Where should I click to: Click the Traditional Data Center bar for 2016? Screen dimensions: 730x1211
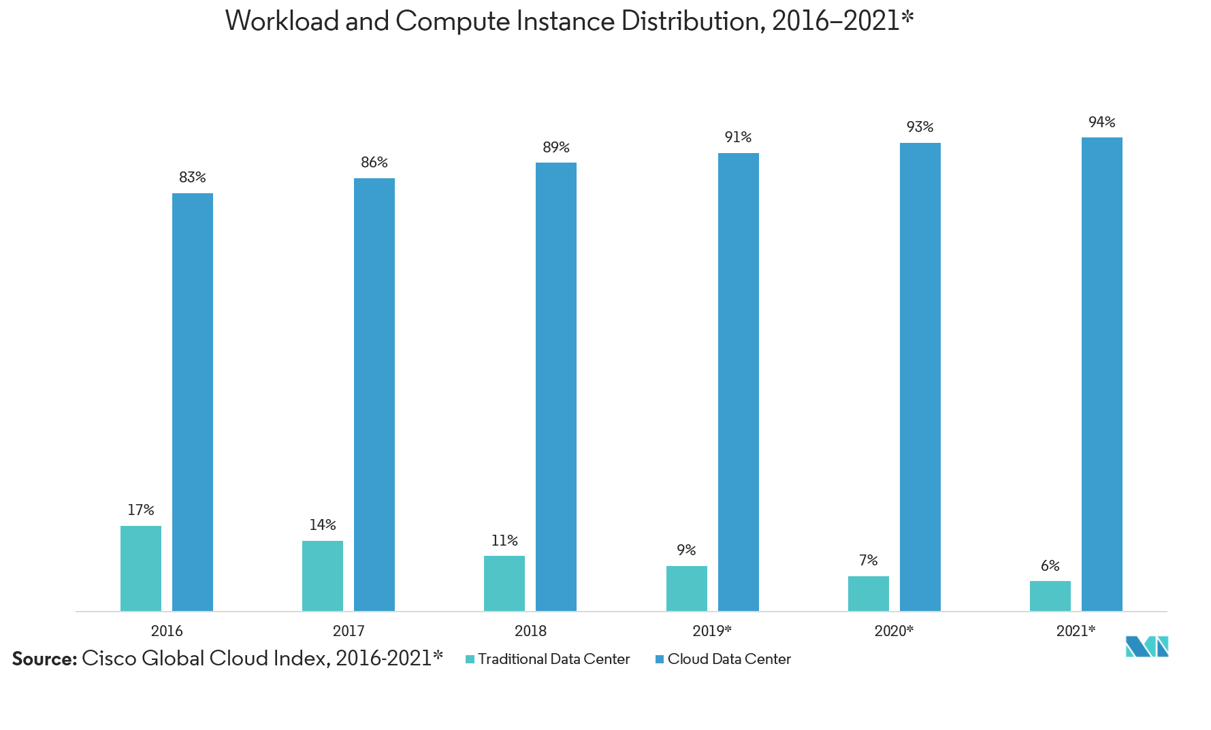(x=141, y=568)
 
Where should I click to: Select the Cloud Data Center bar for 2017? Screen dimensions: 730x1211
(x=374, y=395)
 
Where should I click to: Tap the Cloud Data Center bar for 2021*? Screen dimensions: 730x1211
(x=1101, y=374)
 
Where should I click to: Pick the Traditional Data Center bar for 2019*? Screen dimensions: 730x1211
(x=686, y=588)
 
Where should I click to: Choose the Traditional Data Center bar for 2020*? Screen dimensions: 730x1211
(x=868, y=593)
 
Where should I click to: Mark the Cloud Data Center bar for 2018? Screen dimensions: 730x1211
(x=555, y=386)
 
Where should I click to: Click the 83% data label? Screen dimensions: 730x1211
(x=192, y=178)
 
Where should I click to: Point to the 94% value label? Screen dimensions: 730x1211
(x=1101, y=122)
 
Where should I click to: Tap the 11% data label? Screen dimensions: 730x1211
(x=504, y=541)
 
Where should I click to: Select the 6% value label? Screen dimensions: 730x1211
(x=1050, y=566)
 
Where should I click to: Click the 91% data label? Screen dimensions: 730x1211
(x=738, y=137)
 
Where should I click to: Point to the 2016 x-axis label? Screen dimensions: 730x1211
(x=167, y=631)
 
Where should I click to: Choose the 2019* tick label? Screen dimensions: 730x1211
(x=712, y=631)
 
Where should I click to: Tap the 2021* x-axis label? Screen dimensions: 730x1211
(x=1076, y=631)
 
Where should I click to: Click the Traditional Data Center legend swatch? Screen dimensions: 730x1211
(x=470, y=659)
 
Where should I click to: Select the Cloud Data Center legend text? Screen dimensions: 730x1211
(x=729, y=659)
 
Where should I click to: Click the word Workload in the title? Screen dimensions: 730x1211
(x=282, y=22)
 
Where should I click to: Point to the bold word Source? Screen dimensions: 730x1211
(x=44, y=659)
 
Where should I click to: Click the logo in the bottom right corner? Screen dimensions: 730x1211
(x=1146, y=646)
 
